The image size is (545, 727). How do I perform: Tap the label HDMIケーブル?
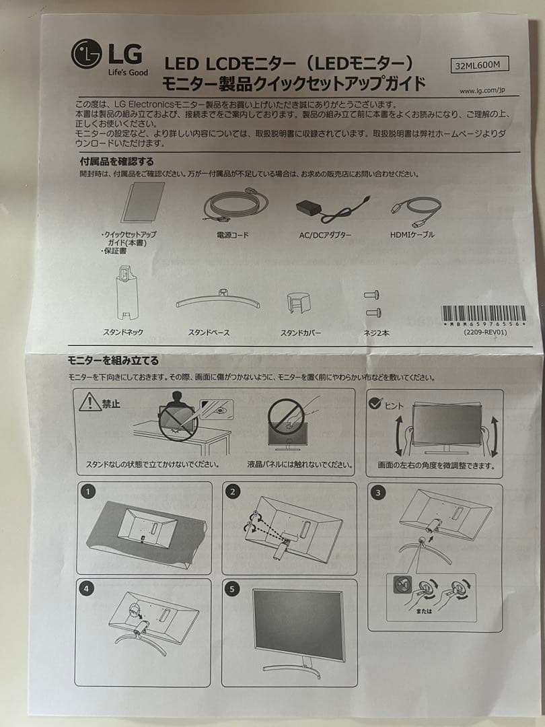[x=412, y=234]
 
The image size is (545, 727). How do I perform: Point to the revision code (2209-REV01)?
[x=484, y=333]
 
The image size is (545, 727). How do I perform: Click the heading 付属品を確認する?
[x=117, y=162]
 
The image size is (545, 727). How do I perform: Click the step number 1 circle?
[x=87, y=492]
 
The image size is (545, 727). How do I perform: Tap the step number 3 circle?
[x=379, y=493]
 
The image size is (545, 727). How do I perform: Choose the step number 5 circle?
[x=233, y=589]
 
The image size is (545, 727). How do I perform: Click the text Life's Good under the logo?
[x=128, y=72]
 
